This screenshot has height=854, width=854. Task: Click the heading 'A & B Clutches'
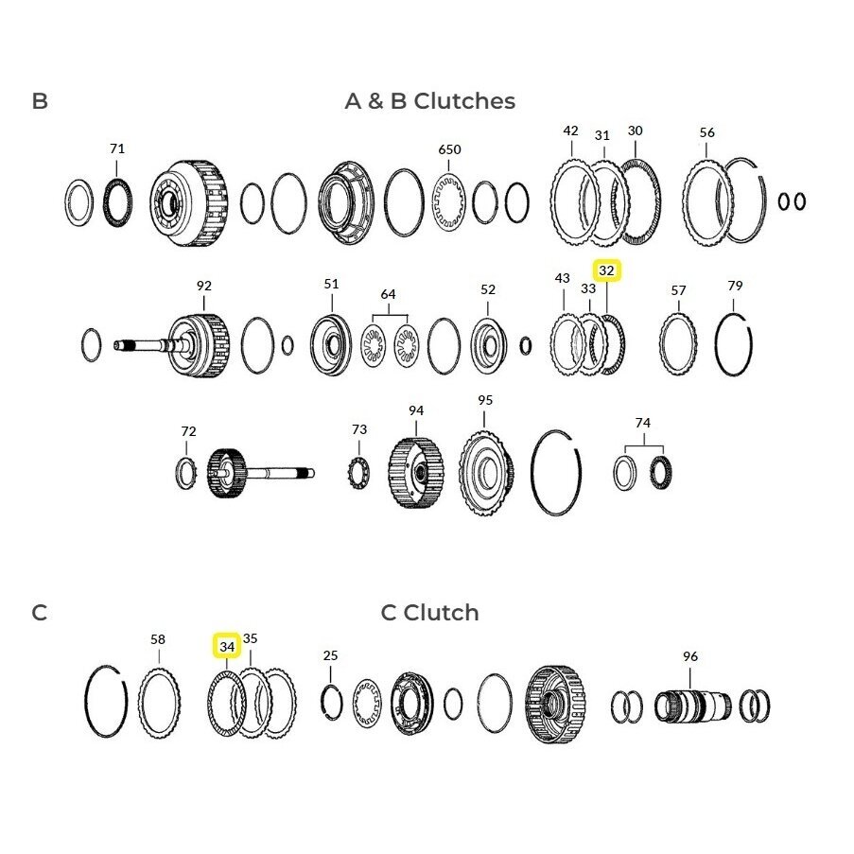429,101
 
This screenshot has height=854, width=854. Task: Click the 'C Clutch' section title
429,613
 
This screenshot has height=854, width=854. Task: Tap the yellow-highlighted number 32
607,270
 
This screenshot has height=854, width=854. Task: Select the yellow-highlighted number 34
227,647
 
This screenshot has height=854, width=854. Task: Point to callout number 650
449,149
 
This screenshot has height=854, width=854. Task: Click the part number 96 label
690,657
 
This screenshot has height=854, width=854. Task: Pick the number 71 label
117,148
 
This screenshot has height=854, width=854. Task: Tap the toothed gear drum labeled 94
415,473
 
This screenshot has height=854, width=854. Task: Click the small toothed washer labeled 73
359,472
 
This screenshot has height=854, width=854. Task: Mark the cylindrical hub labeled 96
692,706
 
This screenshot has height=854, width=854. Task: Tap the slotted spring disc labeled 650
449,202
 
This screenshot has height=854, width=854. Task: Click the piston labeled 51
331,345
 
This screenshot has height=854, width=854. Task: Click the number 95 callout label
485,400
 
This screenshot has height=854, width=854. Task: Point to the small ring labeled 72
186,473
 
